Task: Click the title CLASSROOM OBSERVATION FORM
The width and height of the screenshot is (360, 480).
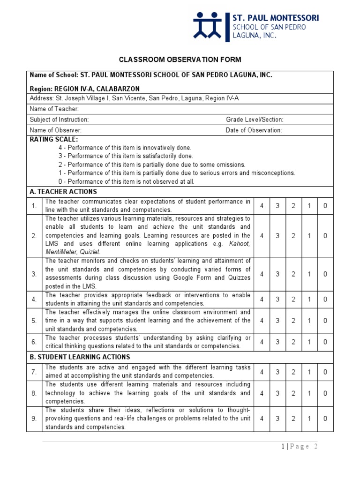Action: point(180,60)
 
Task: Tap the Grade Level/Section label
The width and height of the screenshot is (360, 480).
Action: point(255,120)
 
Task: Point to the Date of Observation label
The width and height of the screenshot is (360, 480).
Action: point(254,130)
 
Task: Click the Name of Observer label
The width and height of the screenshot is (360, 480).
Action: point(55,130)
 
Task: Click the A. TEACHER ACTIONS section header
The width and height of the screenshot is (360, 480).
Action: point(63,192)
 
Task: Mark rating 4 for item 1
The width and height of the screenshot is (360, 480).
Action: point(262,206)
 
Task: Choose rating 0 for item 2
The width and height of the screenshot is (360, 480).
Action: point(325,236)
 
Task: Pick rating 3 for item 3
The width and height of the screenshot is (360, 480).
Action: point(277,274)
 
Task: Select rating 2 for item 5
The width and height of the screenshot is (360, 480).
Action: point(293,321)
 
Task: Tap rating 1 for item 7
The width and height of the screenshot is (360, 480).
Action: point(309,372)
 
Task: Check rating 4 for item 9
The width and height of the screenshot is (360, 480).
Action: point(262,419)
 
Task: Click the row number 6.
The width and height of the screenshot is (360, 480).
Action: point(34,342)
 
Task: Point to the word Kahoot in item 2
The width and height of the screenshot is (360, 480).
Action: point(239,244)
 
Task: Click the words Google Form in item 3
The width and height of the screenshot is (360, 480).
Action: point(185,278)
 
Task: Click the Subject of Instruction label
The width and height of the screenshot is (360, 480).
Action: point(59,120)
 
